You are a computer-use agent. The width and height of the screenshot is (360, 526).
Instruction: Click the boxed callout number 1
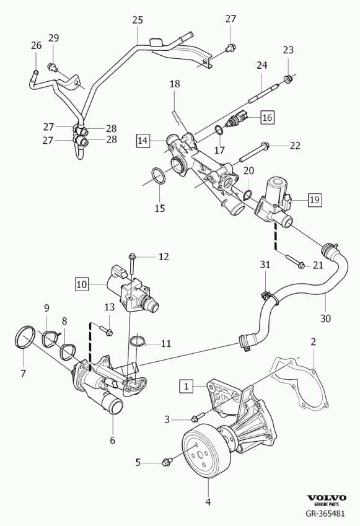[x=187, y=387]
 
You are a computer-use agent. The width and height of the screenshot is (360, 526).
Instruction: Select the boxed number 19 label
[x=315, y=199]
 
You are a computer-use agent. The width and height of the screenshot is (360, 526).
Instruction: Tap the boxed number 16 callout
[x=267, y=117]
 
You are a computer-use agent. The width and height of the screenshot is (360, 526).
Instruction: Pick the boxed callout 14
[x=143, y=140]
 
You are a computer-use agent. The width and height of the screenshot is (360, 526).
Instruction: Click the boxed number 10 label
[x=82, y=285]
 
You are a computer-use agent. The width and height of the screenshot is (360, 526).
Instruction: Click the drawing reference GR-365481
[x=325, y=513]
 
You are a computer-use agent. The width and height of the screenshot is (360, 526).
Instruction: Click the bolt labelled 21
[x=296, y=261]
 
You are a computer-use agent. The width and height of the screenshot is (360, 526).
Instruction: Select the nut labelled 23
[x=288, y=79]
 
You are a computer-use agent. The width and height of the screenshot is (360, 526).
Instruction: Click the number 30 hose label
[x=325, y=318]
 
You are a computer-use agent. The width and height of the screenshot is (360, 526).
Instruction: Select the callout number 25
[x=138, y=20]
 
